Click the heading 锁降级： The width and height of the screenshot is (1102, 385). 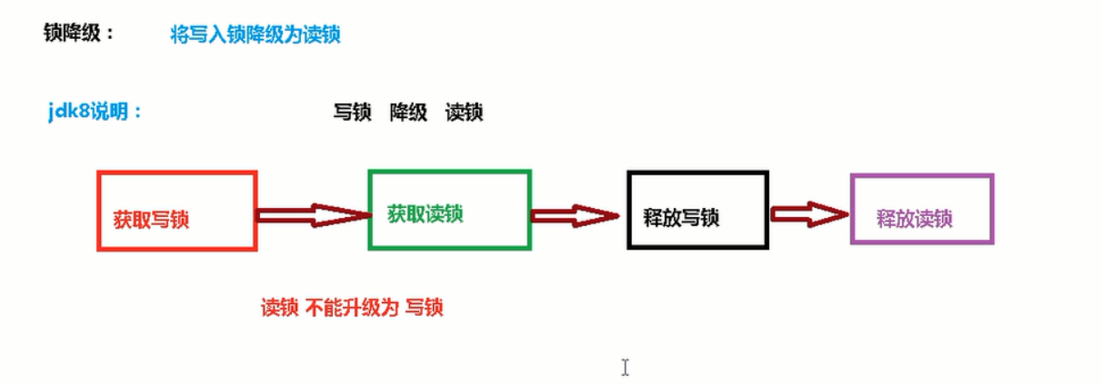click(79, 34)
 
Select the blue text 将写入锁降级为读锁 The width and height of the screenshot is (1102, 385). click(255, 35)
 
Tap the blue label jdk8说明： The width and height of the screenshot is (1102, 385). click(95, 114)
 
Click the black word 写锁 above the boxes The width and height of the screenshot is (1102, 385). click(353, 114)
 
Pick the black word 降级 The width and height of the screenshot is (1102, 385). click(408, 114)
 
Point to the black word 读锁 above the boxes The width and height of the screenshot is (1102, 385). click(464, 114)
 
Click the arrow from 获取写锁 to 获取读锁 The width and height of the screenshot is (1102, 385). click(313, 215)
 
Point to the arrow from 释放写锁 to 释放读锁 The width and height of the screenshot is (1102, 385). click(809, 214)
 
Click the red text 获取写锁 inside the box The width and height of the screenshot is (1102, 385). click(152, 219)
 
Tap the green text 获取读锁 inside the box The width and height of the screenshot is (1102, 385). click(426, 214)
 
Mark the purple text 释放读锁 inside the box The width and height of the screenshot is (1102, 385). click(915, 218)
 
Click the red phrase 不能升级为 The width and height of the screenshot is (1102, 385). click(352, 308)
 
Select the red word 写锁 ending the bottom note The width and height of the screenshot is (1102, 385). click(425, 308)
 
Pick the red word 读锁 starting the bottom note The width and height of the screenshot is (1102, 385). click(280, 308)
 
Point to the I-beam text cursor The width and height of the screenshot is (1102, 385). click(626, 367)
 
